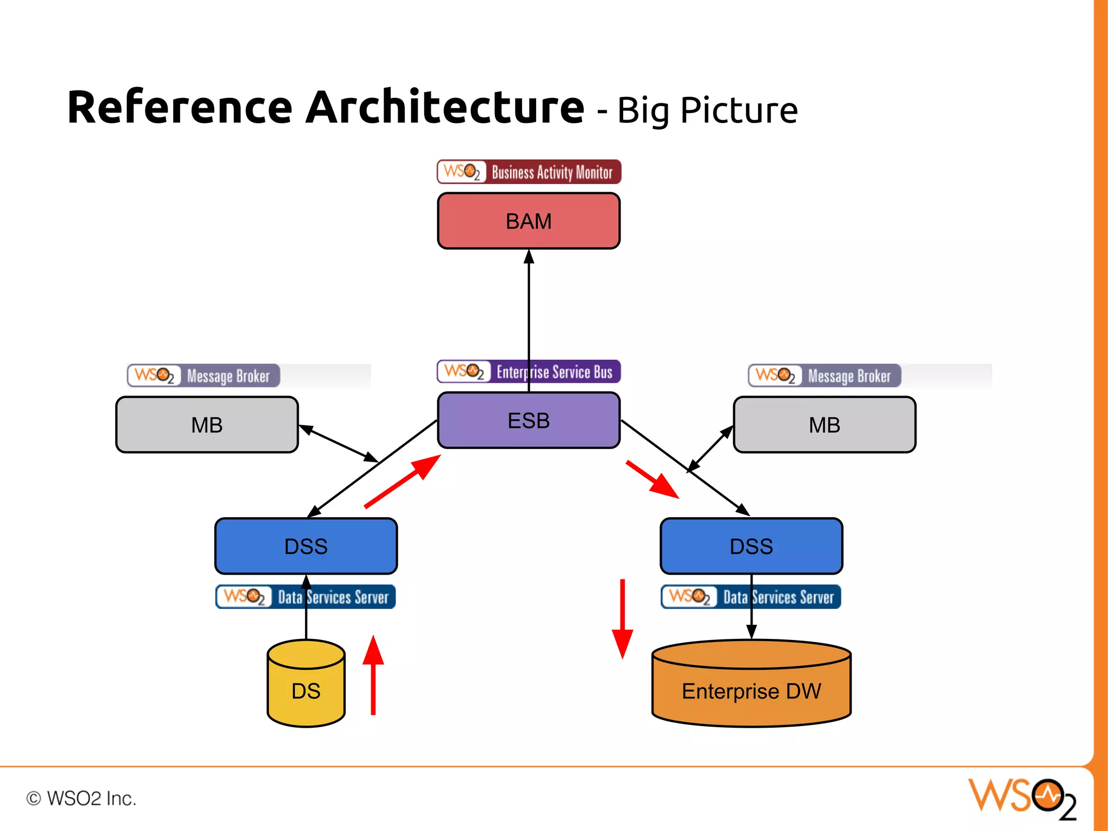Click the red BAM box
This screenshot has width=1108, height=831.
[x=529, y=221]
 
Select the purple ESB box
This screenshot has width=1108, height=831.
[x=529, y=420]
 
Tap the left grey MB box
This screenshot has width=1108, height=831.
[x=207, y=425]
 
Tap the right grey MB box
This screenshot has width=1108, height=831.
[x=824, y=425]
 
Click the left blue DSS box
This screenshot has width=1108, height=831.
[x=306, y=546]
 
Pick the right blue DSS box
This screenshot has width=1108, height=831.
[x=751, y=546]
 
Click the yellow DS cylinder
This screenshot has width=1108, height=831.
[x=306, y=690]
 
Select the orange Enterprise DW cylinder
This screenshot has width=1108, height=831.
[x=751, y=690]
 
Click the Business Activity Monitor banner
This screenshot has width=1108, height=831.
[x=529, y=172]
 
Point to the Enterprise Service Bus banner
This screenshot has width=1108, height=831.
[x=529, y=372]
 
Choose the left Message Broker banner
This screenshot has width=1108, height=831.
[x=203, y=375]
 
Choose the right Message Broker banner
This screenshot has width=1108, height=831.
[x=824, y=375]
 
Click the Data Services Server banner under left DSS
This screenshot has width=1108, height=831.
[x=306, y=597]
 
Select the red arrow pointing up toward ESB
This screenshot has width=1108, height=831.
[x=403, y=481]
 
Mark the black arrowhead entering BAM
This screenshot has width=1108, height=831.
[x=529, y=256]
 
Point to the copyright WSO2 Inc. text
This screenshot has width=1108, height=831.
[x=81, y=799]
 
